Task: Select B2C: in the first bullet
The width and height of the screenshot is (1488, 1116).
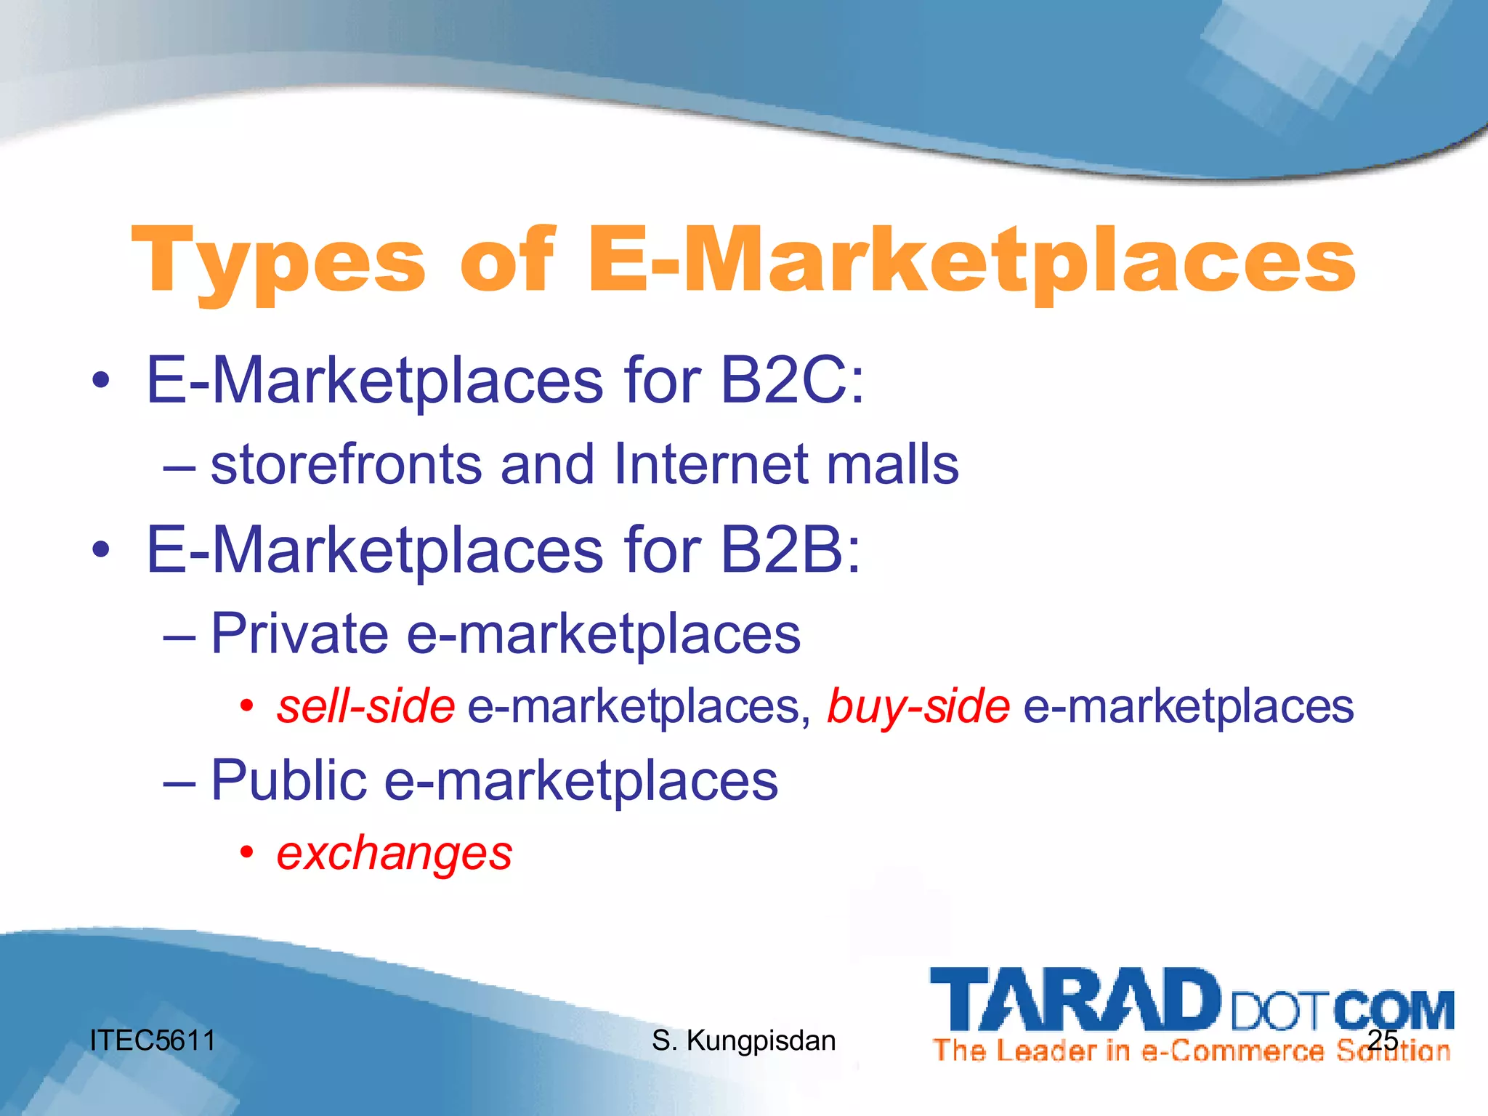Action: [792, 381]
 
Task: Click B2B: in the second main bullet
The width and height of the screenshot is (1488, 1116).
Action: [790, 550]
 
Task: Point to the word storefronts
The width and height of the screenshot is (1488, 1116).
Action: [346, 465]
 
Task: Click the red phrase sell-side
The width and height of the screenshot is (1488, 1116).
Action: [365, 706]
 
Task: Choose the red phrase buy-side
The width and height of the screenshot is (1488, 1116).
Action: [918, 706]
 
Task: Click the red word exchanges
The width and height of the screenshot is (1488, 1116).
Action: [395, 853]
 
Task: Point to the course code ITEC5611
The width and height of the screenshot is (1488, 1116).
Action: [153, 1040]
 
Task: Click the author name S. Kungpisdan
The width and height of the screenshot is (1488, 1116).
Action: [743, 1040]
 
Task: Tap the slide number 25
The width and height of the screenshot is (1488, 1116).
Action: [1383, 1040]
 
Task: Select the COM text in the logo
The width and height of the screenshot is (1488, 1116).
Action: [1394, 1010]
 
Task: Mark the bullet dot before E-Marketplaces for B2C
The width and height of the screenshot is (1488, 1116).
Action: [101, 381]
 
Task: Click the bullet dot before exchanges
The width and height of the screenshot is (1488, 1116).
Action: [247, 852]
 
